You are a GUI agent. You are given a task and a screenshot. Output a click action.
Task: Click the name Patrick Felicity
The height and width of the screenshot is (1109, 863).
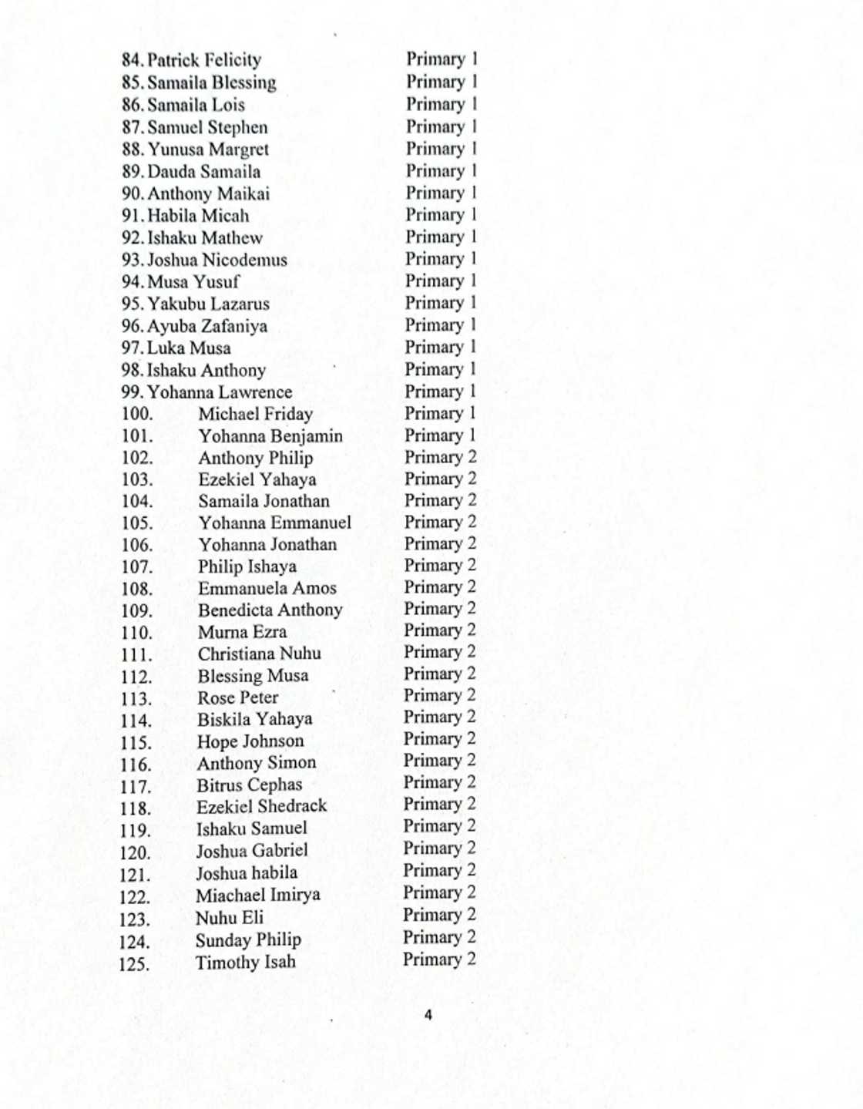pos(204,60)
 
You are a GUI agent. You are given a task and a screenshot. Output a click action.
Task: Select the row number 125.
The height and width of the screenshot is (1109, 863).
pos(135,964)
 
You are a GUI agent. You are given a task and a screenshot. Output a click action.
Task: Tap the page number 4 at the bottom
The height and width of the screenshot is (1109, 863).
pos(428,1015)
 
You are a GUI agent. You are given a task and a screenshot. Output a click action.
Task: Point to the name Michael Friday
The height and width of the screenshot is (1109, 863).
pos(255,414)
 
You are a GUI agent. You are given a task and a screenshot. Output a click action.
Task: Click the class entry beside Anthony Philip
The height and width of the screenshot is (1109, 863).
pos(441,457)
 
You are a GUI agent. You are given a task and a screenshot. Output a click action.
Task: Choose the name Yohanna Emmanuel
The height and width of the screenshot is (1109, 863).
pos(274,523)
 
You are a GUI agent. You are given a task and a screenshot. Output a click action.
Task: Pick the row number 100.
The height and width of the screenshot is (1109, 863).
pos(137,414)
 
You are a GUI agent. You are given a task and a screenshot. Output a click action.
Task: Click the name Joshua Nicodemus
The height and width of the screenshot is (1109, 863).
pos(217,260)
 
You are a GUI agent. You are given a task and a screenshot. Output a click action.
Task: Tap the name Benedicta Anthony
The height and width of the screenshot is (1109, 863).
pos(270,610)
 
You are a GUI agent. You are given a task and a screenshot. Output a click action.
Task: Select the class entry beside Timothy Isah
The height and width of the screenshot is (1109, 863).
pos(439,959)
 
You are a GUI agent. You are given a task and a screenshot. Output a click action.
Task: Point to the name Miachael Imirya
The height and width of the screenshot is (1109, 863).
pos(257,895)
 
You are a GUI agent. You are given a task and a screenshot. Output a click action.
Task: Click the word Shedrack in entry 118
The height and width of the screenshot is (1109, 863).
pos(289,806)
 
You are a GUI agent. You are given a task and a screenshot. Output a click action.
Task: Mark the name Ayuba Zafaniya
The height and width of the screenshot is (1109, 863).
pos(207,326)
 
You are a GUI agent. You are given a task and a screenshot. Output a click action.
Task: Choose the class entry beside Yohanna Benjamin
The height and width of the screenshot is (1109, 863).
pos(441,435)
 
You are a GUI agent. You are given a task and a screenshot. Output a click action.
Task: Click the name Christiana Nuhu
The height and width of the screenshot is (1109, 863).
pos(259,654)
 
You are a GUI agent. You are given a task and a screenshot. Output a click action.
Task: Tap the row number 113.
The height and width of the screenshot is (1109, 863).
pos(136,699)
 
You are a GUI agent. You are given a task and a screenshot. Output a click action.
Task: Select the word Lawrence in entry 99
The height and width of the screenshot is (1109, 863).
pos(255,392)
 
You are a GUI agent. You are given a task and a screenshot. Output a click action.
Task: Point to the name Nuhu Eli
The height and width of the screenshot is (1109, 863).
pos(229,918)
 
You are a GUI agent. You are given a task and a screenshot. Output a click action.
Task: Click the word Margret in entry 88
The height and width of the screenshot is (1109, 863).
pos(239,150)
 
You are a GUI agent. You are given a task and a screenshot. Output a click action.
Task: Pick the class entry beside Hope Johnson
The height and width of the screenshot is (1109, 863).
pos(440,739)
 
